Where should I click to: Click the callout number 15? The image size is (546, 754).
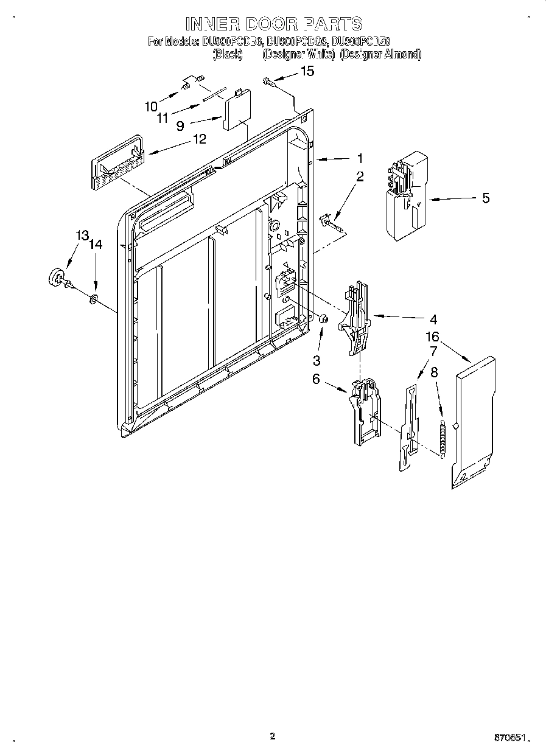(x=308, y=72)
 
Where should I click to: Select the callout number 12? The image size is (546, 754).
(x=199, y=139)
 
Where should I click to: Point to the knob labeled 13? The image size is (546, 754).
(x=57, y=277)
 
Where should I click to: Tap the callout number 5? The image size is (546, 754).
(x=485, y=198)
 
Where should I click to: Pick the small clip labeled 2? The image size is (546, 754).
(x=331, y=220)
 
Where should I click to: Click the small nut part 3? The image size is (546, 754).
(x=324, y=318)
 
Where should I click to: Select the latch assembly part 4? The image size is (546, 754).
(x=358, y=317)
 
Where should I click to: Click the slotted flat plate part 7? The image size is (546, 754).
(x=408, y=426)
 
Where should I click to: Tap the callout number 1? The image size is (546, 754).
(x=360, y=158)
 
